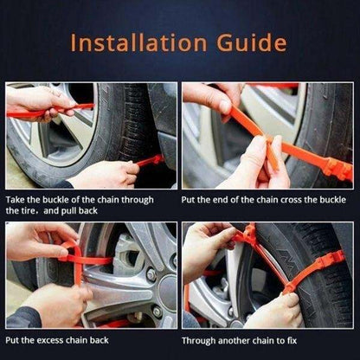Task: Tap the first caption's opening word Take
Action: [x=16, y=199]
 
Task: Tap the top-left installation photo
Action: [x=91, y=136]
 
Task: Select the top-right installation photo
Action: [x=267, y=136]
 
